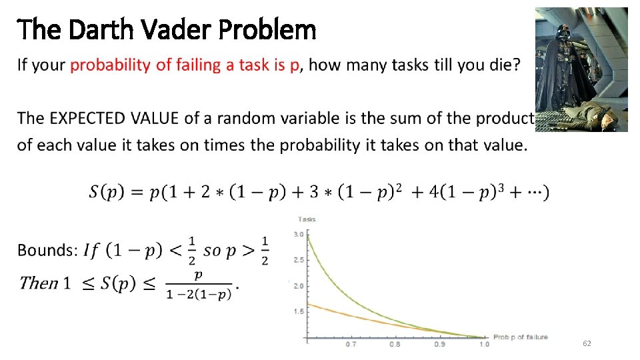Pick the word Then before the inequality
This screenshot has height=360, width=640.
(x=39, y=283)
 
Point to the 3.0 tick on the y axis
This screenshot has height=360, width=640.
(x=299, y=235)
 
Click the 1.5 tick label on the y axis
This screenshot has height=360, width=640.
(x=299, y=311)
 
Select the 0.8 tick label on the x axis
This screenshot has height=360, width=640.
(x=395, y=345)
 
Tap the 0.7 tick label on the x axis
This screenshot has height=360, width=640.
(x=351, y=345)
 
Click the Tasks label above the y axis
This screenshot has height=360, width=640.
(x=307, y=219)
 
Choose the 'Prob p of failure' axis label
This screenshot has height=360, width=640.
(x=520, y=337)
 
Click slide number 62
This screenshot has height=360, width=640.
(x=587, y=343)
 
